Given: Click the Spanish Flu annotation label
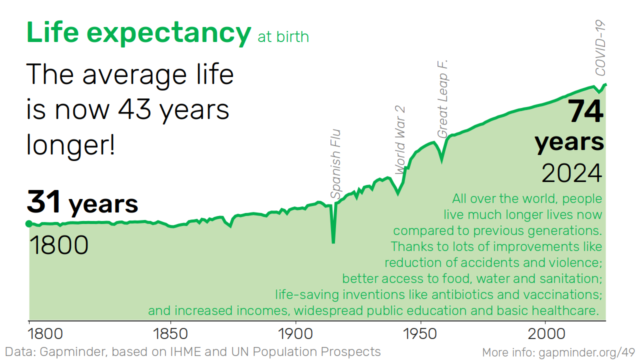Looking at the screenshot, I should pyautogui.click(x=335, y=164).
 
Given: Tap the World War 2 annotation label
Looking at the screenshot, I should pyautogui.click(x=400, y=140).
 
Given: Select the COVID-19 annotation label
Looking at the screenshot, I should pyautogui.click(x=600, y=48).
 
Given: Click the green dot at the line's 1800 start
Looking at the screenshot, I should pyautogui.click(x=28, y=223).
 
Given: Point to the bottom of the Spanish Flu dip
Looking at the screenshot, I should pyautogui.click(x=333, y=242).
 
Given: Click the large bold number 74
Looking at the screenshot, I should pyautogui.click(x=585, y=111).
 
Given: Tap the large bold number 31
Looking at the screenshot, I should pyautogui.click(x=44, y=201).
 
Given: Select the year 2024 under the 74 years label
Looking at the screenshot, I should pyautogui.click(x=571, y=173).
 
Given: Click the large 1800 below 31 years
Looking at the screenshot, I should pyautogui.click(x=59, y=245).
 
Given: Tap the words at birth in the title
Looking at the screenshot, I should pyautogui.click(x=283, y=36).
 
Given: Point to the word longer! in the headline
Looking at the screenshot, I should pyautogui.click(x=70, y=145).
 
